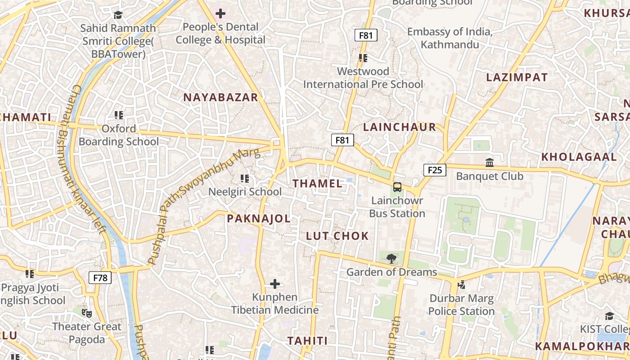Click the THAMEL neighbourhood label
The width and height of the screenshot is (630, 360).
(x=318, y=184)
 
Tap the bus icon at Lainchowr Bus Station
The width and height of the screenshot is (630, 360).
(x=397, y=187)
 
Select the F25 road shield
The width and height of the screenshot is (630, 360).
(x=435, y=170)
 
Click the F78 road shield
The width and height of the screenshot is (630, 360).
(x=100, y=278)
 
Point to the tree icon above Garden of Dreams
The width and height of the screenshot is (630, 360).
(x=391, y=258)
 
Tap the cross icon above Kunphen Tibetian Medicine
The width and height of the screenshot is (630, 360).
(x=274, y=284)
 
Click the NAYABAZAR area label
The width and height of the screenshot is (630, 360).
(x=220, y=98)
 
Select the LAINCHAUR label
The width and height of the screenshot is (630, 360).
(x=400, y=127)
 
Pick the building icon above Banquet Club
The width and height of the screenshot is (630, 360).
(x=490, y=162)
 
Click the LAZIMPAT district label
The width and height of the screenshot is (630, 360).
(x=517, y=77)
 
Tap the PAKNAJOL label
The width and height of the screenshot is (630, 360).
(x=259, y=219)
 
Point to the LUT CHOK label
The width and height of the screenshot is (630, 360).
(x=337, y=236)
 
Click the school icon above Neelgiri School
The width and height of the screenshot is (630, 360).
(x=245, y=179)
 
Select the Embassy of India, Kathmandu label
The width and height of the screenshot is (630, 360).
(x=450, y=38)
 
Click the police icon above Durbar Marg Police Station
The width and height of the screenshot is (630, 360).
(x=461, y=284)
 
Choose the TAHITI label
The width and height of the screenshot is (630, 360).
(x=308, y=341)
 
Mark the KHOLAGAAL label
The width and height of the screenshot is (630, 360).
(x=579, y=157)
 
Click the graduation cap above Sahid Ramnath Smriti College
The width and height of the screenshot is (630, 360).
(x=118, y=15)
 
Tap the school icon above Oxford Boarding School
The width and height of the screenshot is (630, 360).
(x=119, y=115)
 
